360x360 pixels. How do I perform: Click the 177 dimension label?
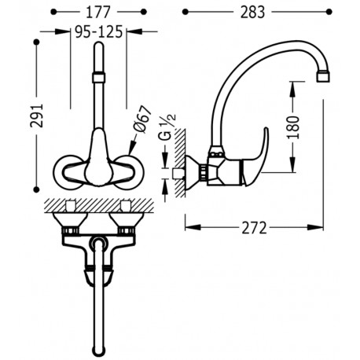point(98,12)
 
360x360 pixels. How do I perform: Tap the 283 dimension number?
point(252,13)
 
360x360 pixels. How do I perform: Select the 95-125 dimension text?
point(99,32)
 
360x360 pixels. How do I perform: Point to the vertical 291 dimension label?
point(37,116)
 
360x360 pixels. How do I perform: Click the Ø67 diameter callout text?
point(143,119)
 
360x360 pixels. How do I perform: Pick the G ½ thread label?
point(167,127)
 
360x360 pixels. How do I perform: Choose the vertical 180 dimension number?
point(293,127)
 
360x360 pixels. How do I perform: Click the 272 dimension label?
point(254,228)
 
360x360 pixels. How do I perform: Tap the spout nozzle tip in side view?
point(323,77)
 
